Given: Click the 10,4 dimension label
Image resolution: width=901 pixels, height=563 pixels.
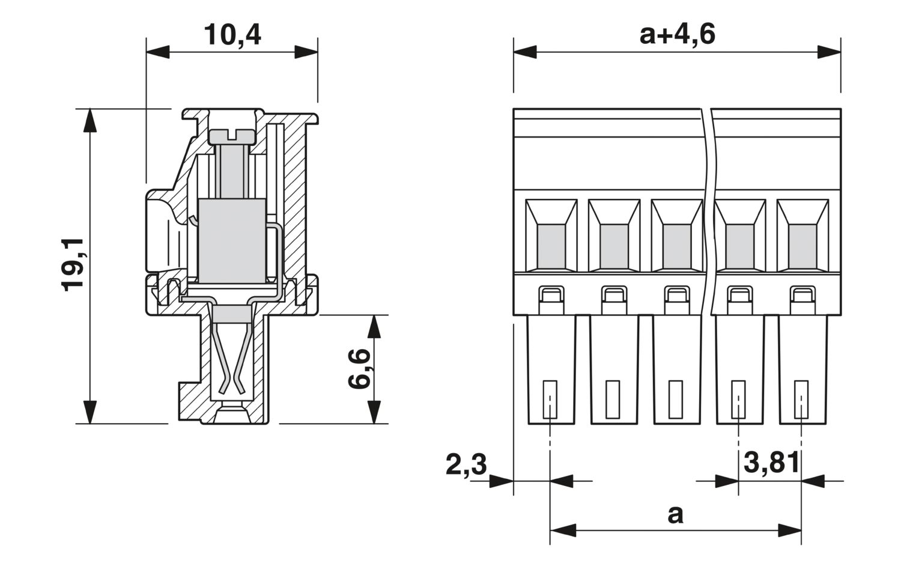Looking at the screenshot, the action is pos(232,35).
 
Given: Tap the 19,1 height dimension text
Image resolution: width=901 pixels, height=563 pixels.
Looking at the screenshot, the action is pos(73,264).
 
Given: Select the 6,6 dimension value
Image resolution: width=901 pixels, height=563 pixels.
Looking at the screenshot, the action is pos(359,369).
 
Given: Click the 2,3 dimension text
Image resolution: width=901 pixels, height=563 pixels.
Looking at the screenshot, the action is pos(466,465).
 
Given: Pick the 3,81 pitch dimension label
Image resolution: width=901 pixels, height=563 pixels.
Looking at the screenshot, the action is pos(771,463).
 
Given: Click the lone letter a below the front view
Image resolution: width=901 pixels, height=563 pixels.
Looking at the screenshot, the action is pos(675,515).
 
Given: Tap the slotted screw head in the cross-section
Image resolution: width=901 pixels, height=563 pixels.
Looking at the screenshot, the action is pos(232,136).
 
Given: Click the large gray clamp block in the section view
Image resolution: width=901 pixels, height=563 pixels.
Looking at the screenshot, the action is pos(232,241).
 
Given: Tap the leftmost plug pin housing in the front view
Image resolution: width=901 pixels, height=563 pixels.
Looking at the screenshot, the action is pos(551,370).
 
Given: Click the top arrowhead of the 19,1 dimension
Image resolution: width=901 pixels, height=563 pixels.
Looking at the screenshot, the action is pos(89,120).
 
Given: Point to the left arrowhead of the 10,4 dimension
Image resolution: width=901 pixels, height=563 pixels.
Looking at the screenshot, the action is pos(157,52).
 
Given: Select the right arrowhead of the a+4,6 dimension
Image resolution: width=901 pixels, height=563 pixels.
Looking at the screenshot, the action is pos(829,52).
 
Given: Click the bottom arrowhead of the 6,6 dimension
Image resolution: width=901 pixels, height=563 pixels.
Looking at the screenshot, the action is pos(374,412).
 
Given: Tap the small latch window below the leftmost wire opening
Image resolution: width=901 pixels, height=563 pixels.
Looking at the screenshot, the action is pos(551,296).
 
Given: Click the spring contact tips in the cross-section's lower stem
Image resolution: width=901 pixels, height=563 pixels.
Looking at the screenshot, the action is pos(232,389).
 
